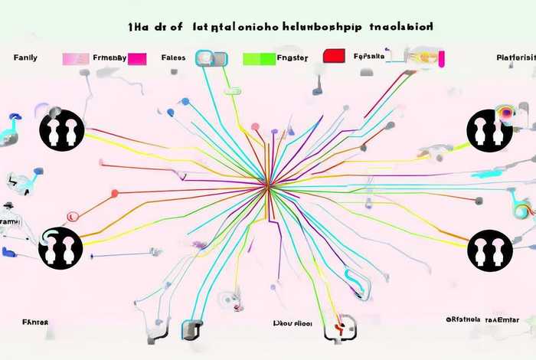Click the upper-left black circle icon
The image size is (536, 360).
(61, 130)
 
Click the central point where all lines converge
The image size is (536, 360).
(267, 185)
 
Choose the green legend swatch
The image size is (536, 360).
(258, 58)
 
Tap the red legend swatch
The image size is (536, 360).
(334, 56)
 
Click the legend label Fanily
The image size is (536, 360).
(27, 57)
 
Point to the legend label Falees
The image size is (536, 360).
(174, 57)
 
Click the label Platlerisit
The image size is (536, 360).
(515, 57)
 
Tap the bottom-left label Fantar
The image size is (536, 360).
(35, 322)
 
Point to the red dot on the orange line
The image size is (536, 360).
(115, 193)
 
